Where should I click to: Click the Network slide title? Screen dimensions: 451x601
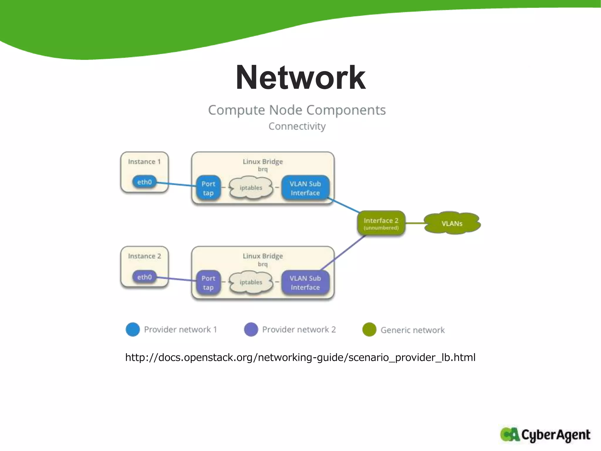tap(300, 78)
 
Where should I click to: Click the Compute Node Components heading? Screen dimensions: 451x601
tap(297, 110)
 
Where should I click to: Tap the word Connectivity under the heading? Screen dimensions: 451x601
tap(297, 126)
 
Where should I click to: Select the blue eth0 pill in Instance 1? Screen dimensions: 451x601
tap(144, 182)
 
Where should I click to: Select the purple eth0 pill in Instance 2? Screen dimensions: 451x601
tap(144, 277)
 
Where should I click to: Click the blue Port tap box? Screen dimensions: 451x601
tap(208, 188)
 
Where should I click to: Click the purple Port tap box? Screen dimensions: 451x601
tap(208, 283)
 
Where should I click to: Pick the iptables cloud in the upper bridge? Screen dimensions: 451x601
tap(251, 188)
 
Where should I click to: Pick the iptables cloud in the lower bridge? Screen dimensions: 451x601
tap(251, 282)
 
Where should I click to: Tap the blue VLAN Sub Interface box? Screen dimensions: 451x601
tap(305, 188)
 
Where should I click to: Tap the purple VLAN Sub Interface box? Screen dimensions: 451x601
tap(305, 283)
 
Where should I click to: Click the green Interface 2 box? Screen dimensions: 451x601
tap(381, 223)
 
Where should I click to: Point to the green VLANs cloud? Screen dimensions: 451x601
tap(452, 223)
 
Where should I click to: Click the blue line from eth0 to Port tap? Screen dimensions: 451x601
tap(176, 184)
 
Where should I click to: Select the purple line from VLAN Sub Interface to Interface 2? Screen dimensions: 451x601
tap(343, 253)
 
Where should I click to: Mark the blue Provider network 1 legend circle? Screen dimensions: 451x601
tap(133, 329)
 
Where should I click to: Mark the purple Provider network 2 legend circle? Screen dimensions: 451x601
tap(251, 329)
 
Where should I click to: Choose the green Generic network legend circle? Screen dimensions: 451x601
tap(369, 329)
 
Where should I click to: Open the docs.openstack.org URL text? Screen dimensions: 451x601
tap(300, 357)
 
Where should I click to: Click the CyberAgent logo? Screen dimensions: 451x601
tap(545, 435)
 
